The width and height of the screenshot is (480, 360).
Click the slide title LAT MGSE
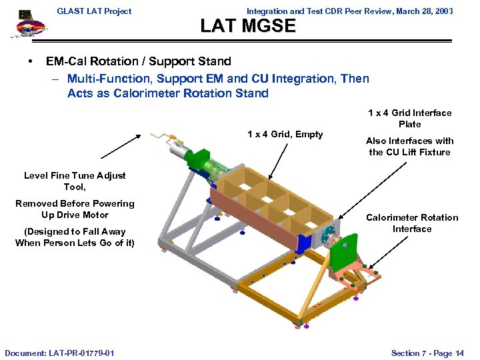pyautogui.click(x=248, y=26)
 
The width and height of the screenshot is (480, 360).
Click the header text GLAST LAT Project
pyautogui.click(x=94, y=11)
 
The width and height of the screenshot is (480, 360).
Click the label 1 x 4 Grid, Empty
pyautogui.click(x=285, y=134)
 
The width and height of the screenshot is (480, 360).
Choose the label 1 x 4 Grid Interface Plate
pyautogui.click(x=410, y=119)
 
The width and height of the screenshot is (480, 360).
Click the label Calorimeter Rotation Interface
pyautogui.click(x=412, y=223)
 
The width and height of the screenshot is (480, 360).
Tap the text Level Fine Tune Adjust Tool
pyautogui.click(x=75, y=181)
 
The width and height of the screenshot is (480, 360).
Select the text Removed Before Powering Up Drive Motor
pyautogui.click(x=75, y=209)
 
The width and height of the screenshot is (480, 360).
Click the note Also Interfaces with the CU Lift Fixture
pyautogui.click(x=410, y=147)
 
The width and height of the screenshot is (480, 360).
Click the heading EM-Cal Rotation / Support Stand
pyautogui.click(x=139, y=61)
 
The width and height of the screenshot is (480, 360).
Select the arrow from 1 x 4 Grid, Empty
pyautogui.click(x=279, y=160)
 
